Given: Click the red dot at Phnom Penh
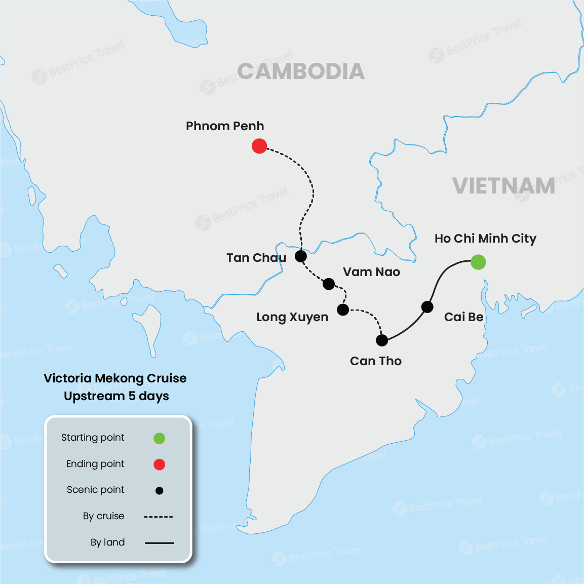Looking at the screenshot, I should [x=259, y=146].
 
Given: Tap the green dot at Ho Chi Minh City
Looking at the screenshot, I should [x=478, y=262].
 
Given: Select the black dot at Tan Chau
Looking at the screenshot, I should [x=301, y=256].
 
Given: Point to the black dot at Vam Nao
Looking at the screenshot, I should [x=329, y=284].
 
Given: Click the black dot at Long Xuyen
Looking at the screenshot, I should [x=343, y=309].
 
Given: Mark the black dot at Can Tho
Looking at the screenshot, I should [x=382, y=340].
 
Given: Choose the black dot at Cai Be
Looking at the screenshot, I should [x=427, y=307].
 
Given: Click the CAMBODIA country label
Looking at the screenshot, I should [x=301, y=71].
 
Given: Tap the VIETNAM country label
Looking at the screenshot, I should [x=503, y=186].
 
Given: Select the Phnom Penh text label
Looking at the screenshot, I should [x=225, y=126].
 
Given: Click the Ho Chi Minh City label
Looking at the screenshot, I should [x=485, y=239].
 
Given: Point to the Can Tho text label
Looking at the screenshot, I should [x=376, y=361].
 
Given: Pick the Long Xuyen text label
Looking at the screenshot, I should [x=292, y=317].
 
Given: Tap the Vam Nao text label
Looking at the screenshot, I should [x=371, y=272].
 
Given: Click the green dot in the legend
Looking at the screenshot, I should [x=159, y=438].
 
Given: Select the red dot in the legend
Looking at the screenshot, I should [x=159, y=464].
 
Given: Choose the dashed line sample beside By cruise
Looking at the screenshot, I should [x=159, y=517].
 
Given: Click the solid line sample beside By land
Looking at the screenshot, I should [x=159, y=543].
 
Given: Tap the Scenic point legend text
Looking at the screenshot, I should [x=96, y=490].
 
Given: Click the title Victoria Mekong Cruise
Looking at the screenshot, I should [x=115, y=378].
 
